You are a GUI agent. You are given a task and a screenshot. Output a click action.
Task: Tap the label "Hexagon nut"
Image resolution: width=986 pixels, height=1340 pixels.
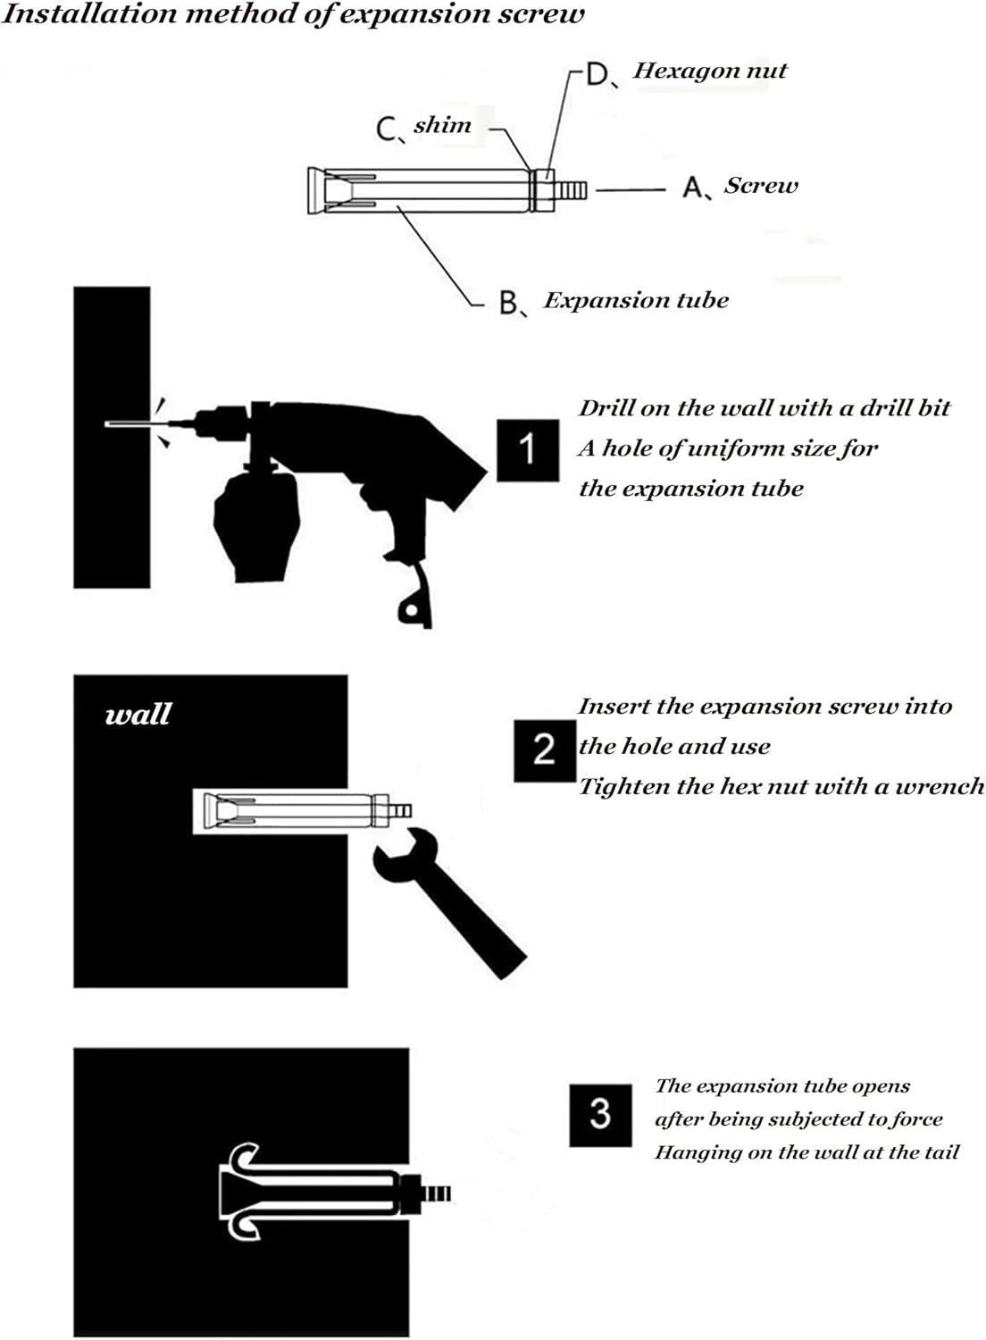tap(710, 71)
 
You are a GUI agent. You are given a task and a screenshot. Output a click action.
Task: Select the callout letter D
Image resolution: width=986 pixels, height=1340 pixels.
tap(597, 75)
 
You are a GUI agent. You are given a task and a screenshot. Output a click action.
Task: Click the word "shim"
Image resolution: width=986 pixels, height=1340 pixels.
tap(442, 125)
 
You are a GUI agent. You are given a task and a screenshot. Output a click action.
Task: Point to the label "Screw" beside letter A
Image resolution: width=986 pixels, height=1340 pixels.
tap(761, 186)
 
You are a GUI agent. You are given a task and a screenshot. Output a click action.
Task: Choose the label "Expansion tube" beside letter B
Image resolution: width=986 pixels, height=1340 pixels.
tap(636, 300)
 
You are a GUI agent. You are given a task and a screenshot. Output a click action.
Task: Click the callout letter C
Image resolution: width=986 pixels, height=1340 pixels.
tap(386, 130)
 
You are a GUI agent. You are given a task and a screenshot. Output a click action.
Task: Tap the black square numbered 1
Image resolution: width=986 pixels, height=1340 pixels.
tap(528, 450)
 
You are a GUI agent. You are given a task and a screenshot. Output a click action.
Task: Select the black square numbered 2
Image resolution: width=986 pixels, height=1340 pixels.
tap(545, 750)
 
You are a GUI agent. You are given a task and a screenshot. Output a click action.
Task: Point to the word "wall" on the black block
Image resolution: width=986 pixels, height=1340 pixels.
tap(138, 715)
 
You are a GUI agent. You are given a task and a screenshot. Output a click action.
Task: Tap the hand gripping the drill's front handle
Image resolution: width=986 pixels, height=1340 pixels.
tap(257, 521)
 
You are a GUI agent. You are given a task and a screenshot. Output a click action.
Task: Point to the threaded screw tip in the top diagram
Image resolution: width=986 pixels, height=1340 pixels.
tap(571, 190)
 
